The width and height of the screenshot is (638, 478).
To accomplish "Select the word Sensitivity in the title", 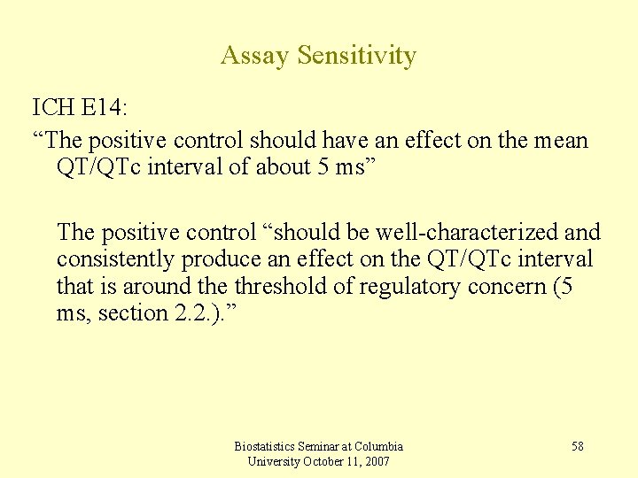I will pyautogui.click(x=356, y=56).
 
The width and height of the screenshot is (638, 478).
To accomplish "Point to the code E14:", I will pyautogui.click(x=105, y=108).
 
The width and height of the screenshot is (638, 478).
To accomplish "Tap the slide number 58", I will pyautogui.click(x=577, y=446).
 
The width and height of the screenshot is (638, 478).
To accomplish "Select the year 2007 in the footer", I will pyautogui.click(x=376, y=461).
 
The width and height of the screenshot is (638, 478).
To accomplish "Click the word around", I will pyautogui.click(x=157, y=287).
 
